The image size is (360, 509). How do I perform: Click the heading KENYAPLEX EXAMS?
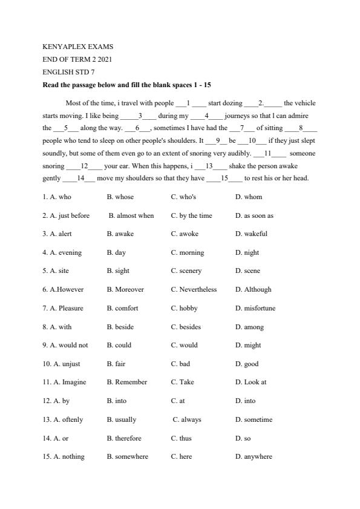click(x=77, y=47)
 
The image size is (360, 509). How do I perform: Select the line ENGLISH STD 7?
click(x=68, y=72)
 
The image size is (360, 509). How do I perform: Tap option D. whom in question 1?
click(x=249, y=197)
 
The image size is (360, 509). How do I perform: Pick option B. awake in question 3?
click(x=120, y=234)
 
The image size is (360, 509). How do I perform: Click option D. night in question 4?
click(x=247, y=252)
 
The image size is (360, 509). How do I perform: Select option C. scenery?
click(x=186, y=271)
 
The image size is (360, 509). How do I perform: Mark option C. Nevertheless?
click(x=194, y=289)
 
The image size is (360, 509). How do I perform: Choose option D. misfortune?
click(x=255, y=308)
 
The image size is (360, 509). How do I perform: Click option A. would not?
click(x=65, y=345)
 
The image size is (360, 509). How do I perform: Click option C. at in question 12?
click(x=178, y=401)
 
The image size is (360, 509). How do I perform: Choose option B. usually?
click(x=122, y=419)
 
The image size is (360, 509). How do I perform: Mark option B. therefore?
click(x=124, y=438)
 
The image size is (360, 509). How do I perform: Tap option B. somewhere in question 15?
click(x=128, y=456)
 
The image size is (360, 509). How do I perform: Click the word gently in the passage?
click(x=51, y=179)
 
